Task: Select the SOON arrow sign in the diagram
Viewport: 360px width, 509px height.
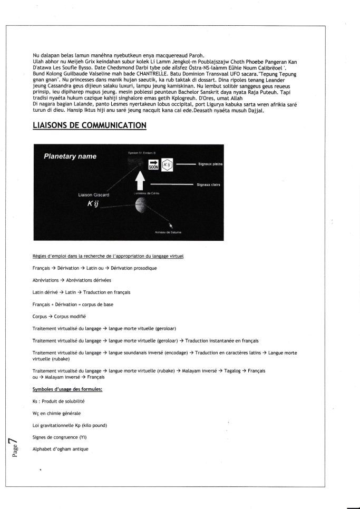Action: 154,165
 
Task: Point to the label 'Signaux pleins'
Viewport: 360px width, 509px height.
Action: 210,164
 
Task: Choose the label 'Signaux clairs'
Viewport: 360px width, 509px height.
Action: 209,185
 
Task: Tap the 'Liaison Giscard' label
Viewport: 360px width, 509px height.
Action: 94,194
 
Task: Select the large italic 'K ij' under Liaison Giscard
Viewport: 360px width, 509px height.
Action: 93,204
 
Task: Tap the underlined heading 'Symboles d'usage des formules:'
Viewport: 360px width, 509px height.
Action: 67,389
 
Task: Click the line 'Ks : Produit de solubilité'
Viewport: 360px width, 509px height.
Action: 58,402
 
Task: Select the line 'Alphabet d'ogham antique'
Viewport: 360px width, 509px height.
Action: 60,448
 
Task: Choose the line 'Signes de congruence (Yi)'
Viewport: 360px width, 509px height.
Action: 60,437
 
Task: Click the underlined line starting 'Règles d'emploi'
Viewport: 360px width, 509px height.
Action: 108,256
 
